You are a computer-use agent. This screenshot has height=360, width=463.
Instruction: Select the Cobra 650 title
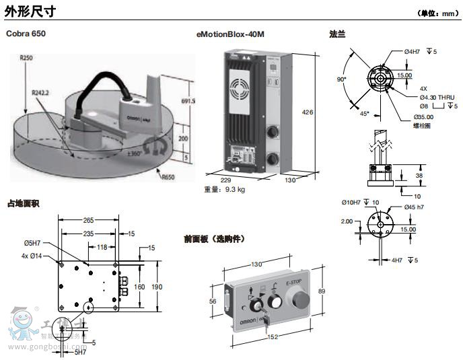click(26, 33)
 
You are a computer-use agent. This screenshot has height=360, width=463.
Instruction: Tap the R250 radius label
click(26, 59)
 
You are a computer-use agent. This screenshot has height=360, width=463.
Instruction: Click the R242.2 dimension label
click(41, 92)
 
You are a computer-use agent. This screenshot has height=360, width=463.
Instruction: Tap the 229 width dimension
click(226, 180)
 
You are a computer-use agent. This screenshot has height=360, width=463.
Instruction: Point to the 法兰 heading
click(337, 33)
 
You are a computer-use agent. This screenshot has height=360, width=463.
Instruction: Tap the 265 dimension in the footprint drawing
click(88, 219)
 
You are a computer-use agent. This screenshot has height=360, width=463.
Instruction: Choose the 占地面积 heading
click(22, 203)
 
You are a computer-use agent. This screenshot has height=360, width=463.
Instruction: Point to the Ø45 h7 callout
click(419, 207)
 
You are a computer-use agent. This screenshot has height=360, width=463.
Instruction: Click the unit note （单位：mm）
click(438, 13)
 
